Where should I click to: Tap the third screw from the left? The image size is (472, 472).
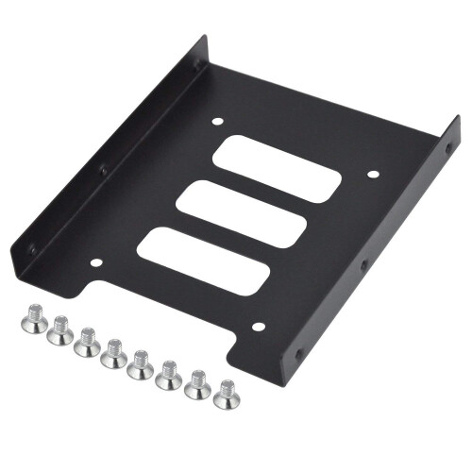click(x=87, y=341)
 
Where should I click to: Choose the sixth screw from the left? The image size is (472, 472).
click(x=170, y=373)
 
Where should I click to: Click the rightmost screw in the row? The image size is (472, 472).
click(x=226, y=393)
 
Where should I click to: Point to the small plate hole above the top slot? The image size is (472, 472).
click(x=218, y=122)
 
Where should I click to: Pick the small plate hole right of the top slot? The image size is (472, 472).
click(x=371, y=175)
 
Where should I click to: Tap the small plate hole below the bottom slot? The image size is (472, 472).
click(x=258, y=328)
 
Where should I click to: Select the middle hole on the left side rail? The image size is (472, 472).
click(x=103, y=170)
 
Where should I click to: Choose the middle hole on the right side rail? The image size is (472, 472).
click(x=363, y=267)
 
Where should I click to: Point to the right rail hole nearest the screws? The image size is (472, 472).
click(x=299, y=355)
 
